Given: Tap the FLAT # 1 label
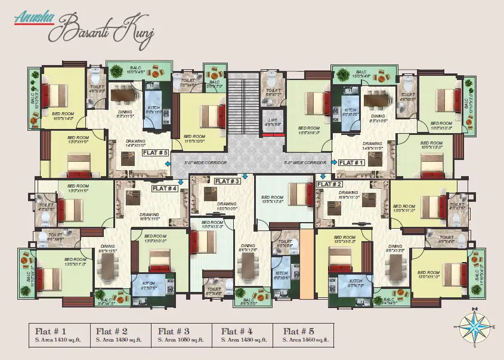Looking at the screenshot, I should [351, 162].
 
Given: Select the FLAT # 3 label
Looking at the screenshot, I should [227, 181].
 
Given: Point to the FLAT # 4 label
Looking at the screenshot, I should [165, 188].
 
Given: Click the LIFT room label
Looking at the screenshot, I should [273, 122].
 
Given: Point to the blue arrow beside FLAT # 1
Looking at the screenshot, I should [335, 162].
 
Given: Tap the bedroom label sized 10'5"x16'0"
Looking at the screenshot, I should [309, 130].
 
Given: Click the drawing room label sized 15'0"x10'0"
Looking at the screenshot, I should [227, 207].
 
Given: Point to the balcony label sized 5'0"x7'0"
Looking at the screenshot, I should [214, 84].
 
